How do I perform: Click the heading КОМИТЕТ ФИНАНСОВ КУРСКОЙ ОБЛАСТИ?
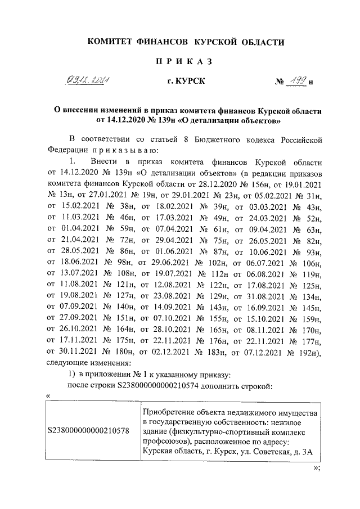point(185,42)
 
